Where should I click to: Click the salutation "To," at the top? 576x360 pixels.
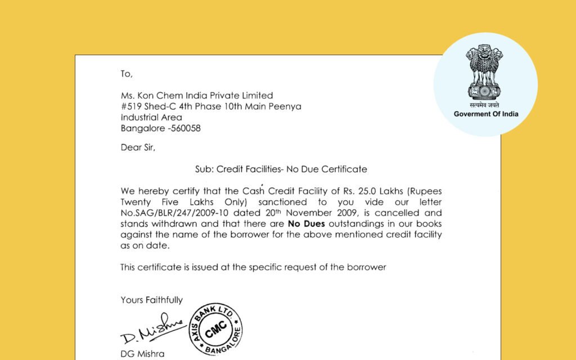coord(127,74)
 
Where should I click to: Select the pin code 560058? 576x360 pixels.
coord(184,128)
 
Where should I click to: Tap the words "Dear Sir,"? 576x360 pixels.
coord(137,148)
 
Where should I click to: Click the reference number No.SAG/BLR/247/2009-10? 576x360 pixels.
coord(168,213)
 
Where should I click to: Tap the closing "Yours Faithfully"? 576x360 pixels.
coord(151,300)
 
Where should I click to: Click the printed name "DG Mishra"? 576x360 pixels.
coord(142,354)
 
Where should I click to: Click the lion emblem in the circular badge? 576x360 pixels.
coord(485,73)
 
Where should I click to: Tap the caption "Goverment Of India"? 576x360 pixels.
coord(486,114)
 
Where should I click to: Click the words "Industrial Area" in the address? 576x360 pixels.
coord(151,118)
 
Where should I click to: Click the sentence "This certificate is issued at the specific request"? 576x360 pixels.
coord(253,267)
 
